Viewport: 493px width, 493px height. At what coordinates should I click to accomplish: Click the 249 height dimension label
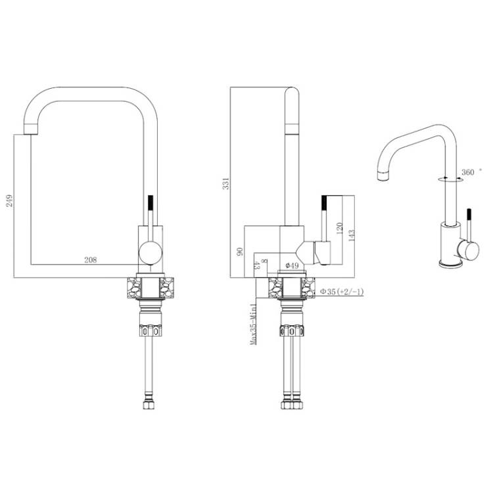tap(10, 200)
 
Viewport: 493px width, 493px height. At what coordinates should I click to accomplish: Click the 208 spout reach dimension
tap(91, 260)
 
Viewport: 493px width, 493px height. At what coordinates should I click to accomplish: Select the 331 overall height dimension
tap(225, 183)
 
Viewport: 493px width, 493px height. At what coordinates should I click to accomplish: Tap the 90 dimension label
tap(239, 252)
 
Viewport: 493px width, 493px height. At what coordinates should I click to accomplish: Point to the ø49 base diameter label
tap(292, 266)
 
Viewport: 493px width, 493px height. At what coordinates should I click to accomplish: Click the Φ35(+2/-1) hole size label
tap(341, 292)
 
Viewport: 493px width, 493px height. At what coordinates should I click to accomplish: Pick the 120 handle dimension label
tap(339, 229)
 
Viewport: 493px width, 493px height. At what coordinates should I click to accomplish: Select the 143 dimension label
tap(351, 235)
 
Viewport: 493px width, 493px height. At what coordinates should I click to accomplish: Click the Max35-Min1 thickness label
tap(253, 324)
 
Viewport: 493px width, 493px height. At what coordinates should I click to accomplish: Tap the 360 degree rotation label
tap(468, 172)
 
